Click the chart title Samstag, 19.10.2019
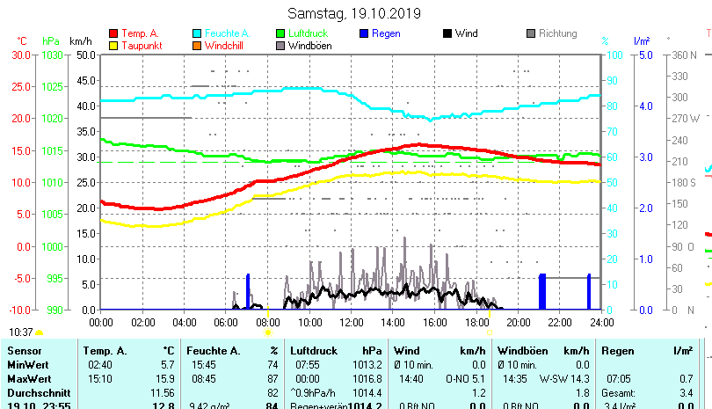click(354, 13)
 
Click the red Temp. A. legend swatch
click(113, 33)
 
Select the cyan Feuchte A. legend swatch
click(197, 33)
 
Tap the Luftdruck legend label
click(307, 33)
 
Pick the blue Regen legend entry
click(386, 33)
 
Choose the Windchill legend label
click(225, 46)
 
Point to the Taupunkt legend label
click(140, 46)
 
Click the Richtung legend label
click(558, 33)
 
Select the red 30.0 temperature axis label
click(21, 55)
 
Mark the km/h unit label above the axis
click(80, 41)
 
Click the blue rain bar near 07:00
click(248, 291)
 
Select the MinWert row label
click(25, 364)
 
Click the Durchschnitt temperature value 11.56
click(163, 391)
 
